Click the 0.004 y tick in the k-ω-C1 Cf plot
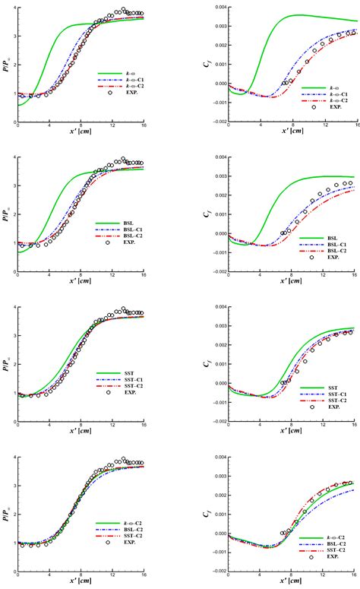[217, 8]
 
